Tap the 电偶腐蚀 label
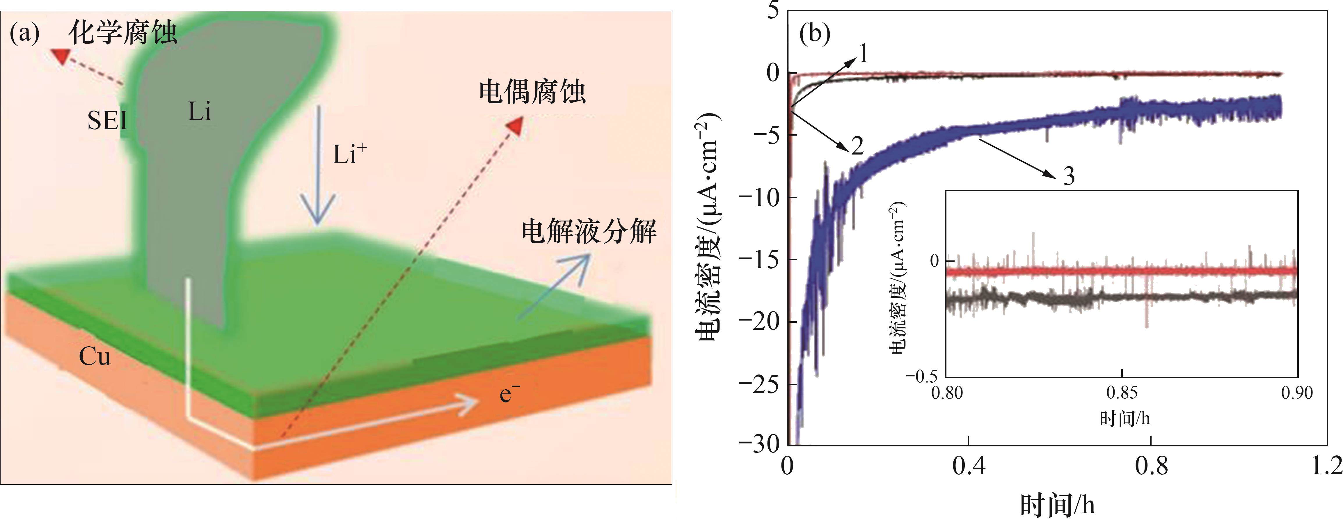coord(532,92)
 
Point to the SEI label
coord(107,121)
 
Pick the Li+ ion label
coord(350,155)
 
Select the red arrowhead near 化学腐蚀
coord(61,56)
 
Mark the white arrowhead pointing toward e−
coord(467,405)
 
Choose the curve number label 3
coord(1069,176)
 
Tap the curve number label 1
coord(863,53)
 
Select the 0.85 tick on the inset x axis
coord(1121,392)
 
